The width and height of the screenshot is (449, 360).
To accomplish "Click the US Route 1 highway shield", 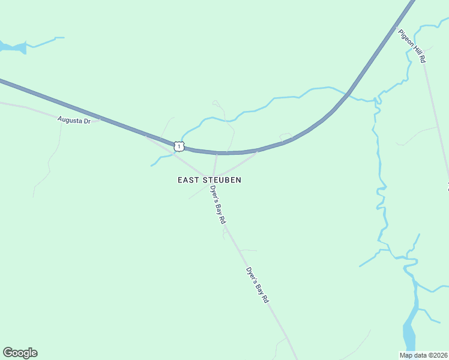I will (178, 146).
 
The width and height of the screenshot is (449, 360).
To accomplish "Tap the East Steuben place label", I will (209, 179).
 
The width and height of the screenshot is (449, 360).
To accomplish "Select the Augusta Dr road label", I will (74, 120).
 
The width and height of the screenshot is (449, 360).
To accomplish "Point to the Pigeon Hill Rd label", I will (412, 46).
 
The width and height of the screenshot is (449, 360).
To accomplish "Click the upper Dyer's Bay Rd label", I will (218, 205).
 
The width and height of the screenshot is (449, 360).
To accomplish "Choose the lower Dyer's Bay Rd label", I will (257, 284).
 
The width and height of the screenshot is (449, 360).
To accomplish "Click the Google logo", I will (20, 353).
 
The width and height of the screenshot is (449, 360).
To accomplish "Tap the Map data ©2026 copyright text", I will (423, 355).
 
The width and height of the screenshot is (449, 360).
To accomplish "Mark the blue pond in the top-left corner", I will (14, 47).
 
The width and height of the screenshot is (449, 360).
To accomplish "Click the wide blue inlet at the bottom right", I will (409, 333).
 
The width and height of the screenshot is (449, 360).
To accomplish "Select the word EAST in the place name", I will (188, 179).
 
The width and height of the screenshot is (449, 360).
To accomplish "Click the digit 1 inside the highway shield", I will (178, 146).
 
